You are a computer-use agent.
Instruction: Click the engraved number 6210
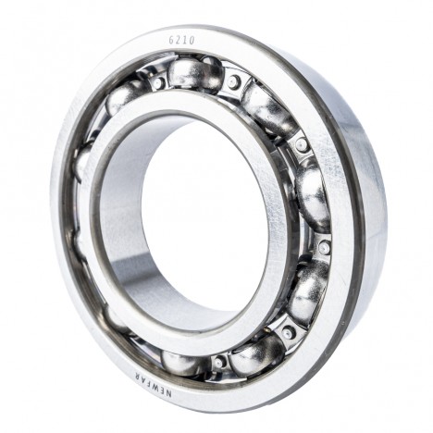click(x=182, y=41)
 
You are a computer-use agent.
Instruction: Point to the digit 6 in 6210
click(x=171, y=41)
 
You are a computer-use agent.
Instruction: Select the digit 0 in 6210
click(x=192, y=41)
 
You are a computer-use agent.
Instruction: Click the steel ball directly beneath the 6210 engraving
click(x=195, y=73)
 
